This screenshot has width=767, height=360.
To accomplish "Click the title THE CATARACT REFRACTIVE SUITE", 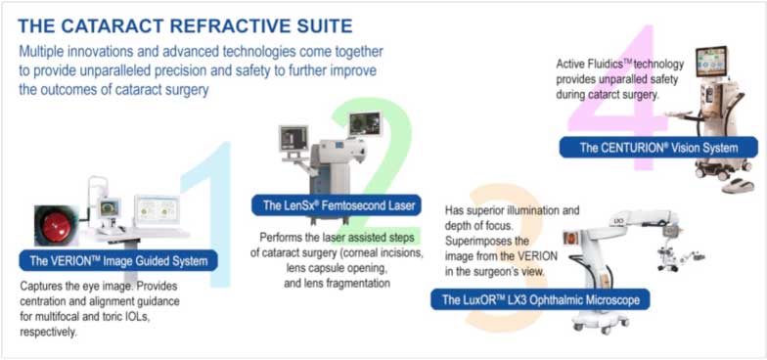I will pyautogui.click(x=186, y=23).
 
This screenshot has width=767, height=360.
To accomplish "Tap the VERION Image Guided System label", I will pyautogui.click(x=118, y=260).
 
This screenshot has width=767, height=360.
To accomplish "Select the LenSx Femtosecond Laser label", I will pyautogui.click(x=337, y=205).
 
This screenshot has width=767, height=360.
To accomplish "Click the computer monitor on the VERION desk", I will pyautogui.click(x=157, y=209).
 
